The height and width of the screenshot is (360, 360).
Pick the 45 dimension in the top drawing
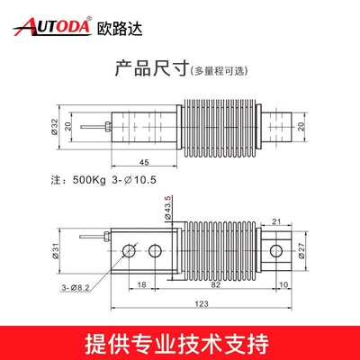[144, 163]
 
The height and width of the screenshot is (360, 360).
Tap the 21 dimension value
[277, 220]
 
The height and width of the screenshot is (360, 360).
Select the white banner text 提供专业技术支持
[180, 343]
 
